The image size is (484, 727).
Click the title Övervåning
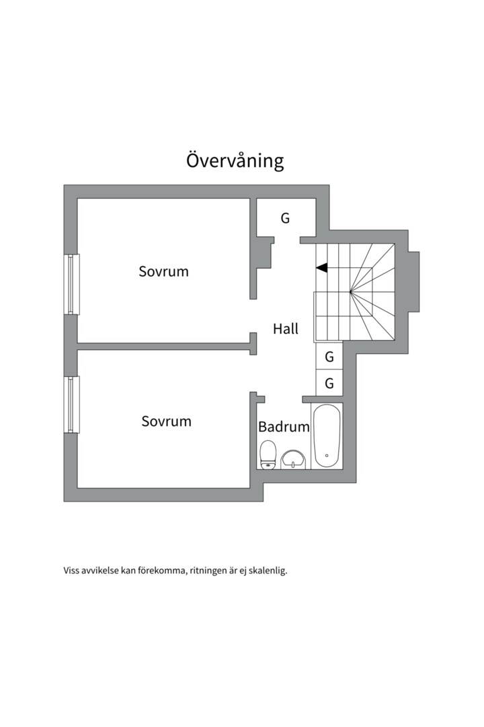coord(235,161)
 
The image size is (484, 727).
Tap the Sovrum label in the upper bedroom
coord(163,272)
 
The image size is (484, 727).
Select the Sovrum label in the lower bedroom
coord(166,421)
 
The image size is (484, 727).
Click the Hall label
coord(286,329)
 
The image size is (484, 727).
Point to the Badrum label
coord(284,427)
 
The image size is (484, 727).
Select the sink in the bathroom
coord(292,459)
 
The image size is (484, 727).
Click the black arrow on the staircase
coord(322,268)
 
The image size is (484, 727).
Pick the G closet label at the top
coord(285,218)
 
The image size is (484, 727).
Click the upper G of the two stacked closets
coord(329,357)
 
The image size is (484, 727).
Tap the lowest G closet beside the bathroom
coord(329,384)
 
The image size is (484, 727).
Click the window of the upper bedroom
coord(72,284)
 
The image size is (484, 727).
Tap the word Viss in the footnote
coord(71,571)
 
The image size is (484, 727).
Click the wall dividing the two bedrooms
coord(165,346)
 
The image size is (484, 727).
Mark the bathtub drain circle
coord(327,456)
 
